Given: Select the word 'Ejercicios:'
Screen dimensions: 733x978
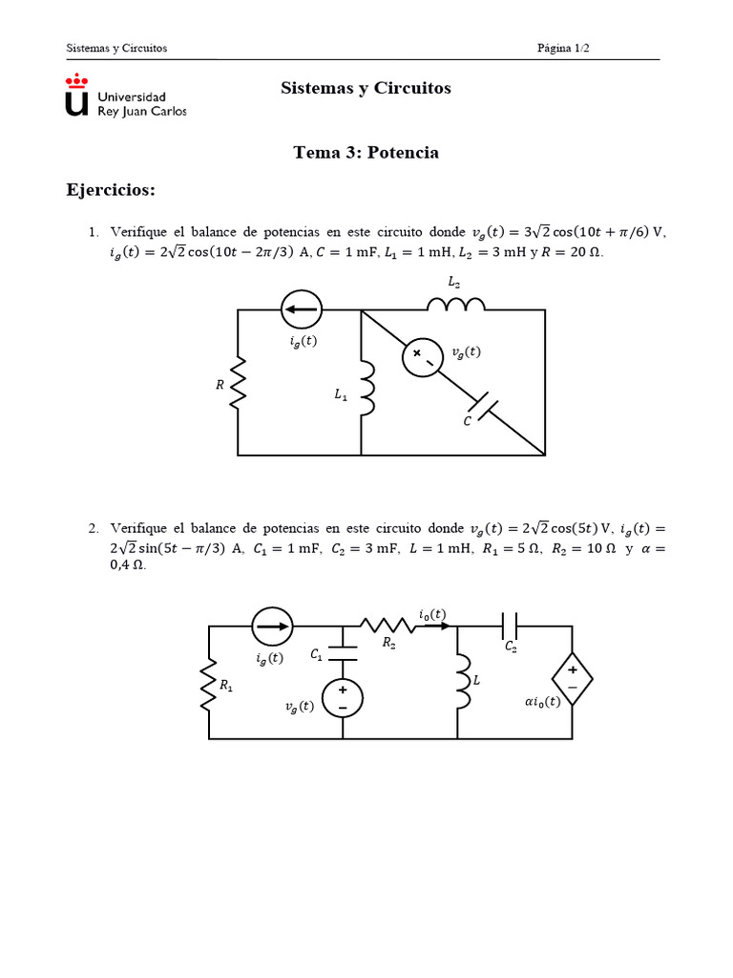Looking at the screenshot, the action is tap(110, 190).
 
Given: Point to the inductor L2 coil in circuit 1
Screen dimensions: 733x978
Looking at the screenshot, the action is tap(456, 303).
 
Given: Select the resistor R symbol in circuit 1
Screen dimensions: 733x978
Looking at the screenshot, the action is tap(239, 382).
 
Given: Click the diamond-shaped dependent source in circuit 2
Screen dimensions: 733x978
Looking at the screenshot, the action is tap(573, 679).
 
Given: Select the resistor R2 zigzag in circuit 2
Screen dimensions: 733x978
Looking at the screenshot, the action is tap(387, 627).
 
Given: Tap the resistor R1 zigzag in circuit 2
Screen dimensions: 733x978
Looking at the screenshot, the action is tap(209, 688).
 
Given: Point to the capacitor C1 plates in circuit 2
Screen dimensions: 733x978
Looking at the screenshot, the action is tap(342, 655).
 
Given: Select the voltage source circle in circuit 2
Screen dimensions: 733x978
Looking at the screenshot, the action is tap(342, 696).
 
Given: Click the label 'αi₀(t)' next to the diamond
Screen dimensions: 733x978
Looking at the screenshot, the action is tap(543, 700).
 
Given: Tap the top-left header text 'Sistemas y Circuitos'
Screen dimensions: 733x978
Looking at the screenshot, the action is tap(116, 48).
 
